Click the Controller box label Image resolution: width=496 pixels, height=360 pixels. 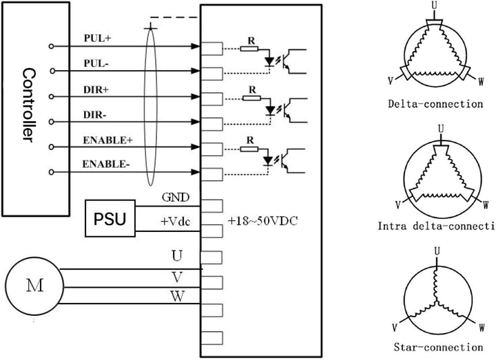point(28,105)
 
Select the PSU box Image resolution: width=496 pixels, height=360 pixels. point(110,219)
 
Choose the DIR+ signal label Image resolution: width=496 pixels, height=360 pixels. point(96,89)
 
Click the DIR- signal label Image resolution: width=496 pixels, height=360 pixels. point(96,114)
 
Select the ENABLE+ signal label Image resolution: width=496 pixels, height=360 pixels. point(107,140)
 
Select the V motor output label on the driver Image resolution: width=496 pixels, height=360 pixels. point(177,276)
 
